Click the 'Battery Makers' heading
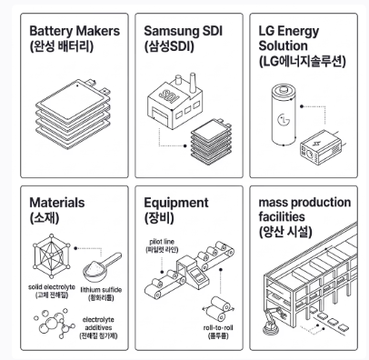click(x=75, y=31)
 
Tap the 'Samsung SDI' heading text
click(x=183, y=31)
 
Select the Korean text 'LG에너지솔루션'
click(x=302, y=62)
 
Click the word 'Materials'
click(x=57, y=203)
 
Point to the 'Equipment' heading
click(x=176, y=203)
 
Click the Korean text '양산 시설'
click(x=285, y=233)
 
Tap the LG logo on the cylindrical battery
click(x=283, y=119)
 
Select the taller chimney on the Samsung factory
click(x=192, y=83)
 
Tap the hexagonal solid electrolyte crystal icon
click(x=51, y=255)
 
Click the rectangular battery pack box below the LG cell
click(x=321, y=147)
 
